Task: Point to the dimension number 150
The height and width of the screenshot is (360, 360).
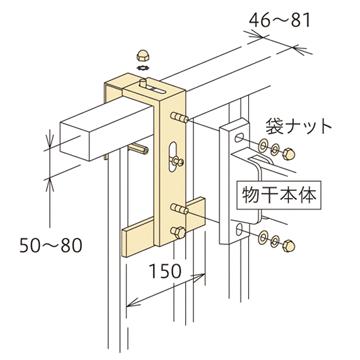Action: click(x=157, y=271)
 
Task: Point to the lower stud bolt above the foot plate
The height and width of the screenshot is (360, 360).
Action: click(x=179, y=209)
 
